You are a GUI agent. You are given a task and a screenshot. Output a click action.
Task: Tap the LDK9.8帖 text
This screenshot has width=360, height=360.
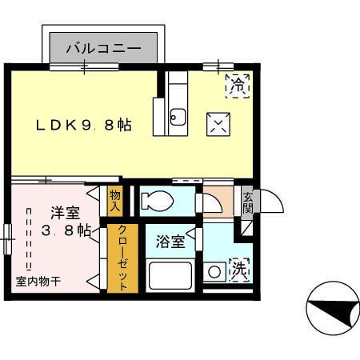82,126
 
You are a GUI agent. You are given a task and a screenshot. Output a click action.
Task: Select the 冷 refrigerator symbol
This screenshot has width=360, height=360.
238,82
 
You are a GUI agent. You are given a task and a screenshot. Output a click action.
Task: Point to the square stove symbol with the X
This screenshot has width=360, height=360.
218,122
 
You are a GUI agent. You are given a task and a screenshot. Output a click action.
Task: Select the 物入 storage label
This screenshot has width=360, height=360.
115,200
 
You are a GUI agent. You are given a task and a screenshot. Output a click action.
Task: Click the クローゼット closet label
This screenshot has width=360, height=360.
123,258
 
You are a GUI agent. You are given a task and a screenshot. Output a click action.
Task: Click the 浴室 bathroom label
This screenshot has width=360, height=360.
170,241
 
